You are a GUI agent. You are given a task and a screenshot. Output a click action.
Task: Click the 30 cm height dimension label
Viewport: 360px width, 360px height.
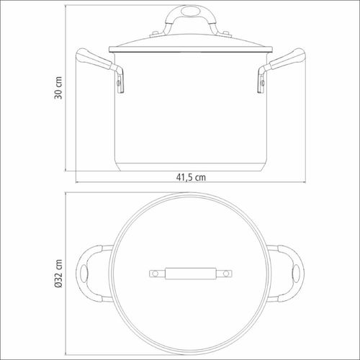pyautogui.click(x=58, y=88)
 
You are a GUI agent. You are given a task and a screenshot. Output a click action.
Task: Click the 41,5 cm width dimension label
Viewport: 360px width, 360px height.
pyautogui.click(x=191, y=177)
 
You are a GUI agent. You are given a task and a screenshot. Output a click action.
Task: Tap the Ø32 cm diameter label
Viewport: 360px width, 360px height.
pyautogui.click(x=58, y=274)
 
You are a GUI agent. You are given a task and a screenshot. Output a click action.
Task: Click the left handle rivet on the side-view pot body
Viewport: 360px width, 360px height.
pyautogui.click(x=118, y=83)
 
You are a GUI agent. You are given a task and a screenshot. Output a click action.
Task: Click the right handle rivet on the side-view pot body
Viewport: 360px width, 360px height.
pyautogui.click(x=263, y=83)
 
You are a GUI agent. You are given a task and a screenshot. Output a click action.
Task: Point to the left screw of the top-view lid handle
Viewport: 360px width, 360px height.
pyautogui.click(x=155, y=274)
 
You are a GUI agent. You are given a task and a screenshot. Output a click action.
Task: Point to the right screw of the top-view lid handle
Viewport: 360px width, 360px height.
pyautogui.click(x=226, y=274)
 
